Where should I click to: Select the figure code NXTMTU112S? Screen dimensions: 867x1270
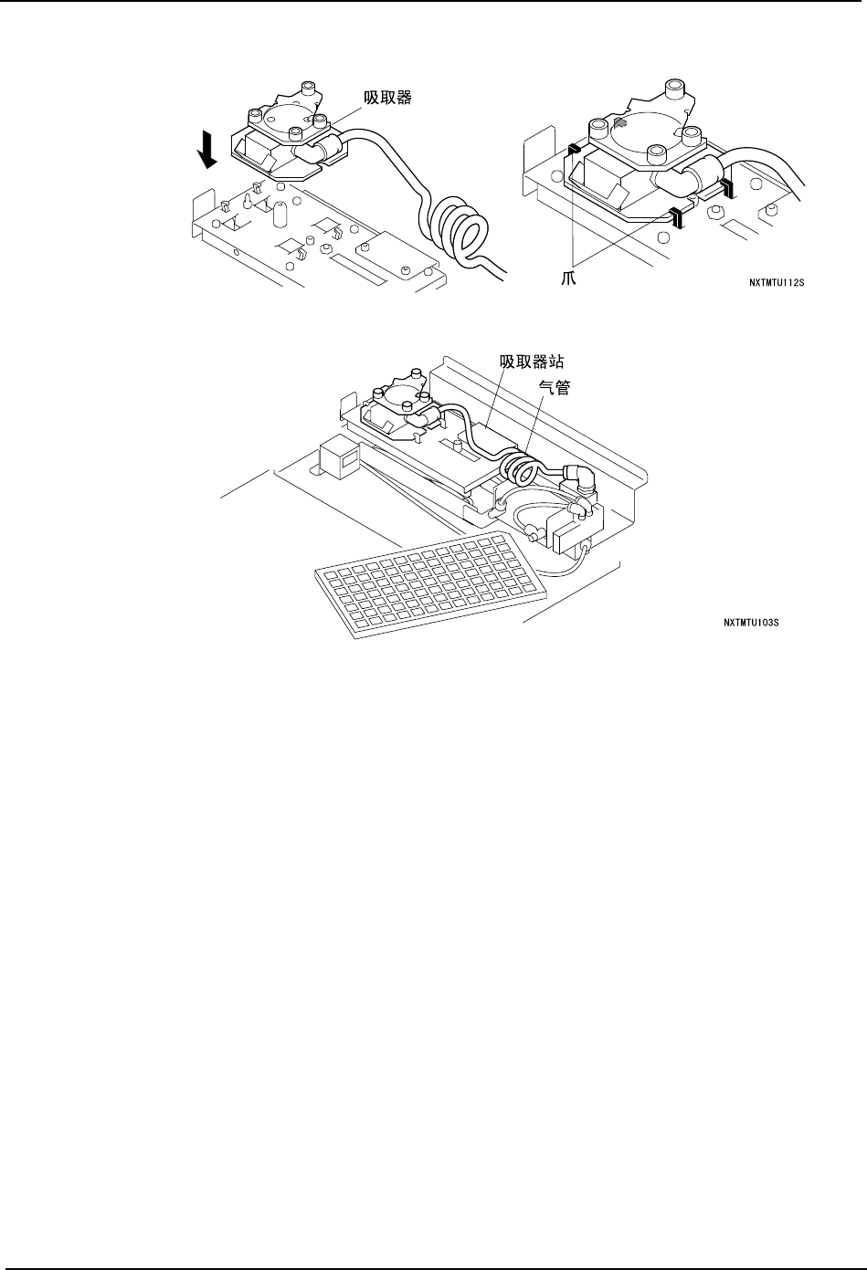[x=777, y=283]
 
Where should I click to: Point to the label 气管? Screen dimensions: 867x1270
[x=555, y=388]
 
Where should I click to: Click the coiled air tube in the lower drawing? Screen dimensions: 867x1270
[x=523, y=461]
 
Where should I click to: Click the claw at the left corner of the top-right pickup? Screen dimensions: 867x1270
[x=574, y=149]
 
